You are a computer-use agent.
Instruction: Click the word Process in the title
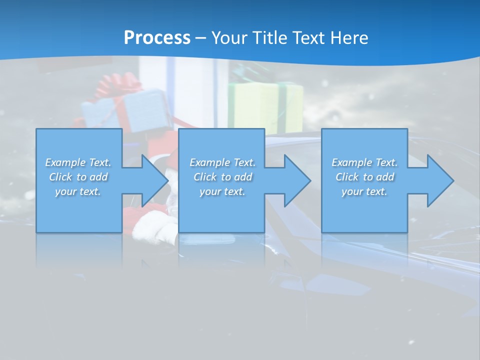pyautogui.click(x=157, y=38)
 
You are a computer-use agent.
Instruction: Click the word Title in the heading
pyautogui.click(x=270, y=38)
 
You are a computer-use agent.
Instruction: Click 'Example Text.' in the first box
pyautogui.click(x=78, y=162)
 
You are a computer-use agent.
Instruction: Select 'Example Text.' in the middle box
pyautogui.click(x=222, y=162)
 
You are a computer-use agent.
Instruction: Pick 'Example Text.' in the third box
pyautogui.click(x=364, y=162)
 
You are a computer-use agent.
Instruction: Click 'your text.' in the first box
pyautogui.click(x=78, y=191)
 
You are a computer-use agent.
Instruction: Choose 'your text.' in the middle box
pyautogui.click(x=222, y=191)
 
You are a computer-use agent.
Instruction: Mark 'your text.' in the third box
pyautogui.click(x=364, y=191)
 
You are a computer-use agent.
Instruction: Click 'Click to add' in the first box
pyautogui.click(x=78, y=177)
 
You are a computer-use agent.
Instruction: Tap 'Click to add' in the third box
pyautogui.click(x=364, y=177)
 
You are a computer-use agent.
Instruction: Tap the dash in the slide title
pyautogui.click(x=200, y=38)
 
